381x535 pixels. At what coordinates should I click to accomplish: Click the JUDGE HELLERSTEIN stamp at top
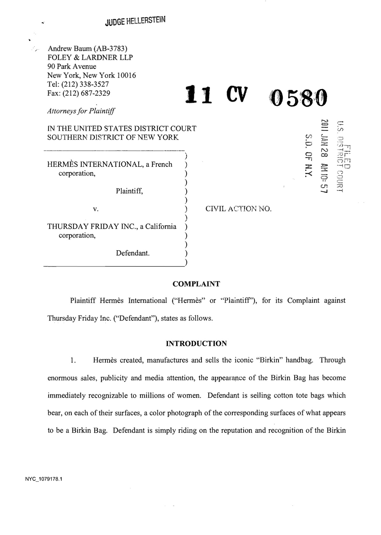pos(135,21)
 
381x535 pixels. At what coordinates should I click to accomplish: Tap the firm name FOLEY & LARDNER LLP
pos(90,58)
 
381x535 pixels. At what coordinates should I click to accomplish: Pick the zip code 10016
pos(126,75)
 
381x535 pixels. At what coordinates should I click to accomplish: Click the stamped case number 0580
pos(297,98)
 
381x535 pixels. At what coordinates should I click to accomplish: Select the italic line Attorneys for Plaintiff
pos(81,111)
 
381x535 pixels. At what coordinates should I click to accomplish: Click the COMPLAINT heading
pos(196,284)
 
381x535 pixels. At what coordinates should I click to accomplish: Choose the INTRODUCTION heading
pos(196,344)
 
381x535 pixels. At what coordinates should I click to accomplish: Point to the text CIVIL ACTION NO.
pos(239,209)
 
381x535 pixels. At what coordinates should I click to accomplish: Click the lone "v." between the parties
pos(96,209)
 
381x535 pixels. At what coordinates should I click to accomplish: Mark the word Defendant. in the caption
pos(133,253)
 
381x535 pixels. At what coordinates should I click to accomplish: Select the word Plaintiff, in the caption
pos(129,191)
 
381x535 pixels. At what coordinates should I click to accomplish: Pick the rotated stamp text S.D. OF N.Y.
pos(308,156)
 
